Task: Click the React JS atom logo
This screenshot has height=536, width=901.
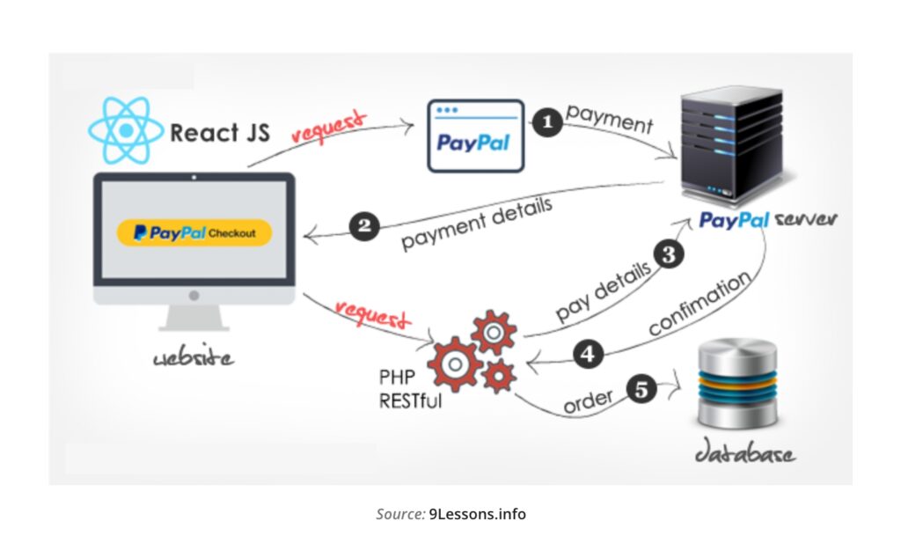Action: click(x=126, y=130)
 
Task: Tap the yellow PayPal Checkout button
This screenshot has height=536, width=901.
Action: click(x=194, y=233)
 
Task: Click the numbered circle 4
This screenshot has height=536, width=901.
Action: click(x=588, y=356)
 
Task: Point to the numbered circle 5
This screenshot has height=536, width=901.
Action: click(x=642, y=388)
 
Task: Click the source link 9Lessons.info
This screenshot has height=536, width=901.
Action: click(x=477, y=514)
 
